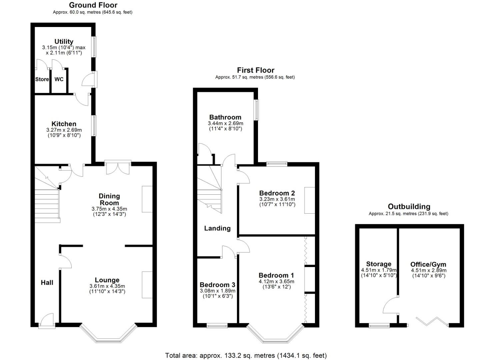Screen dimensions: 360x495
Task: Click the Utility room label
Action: (x=64, y=41)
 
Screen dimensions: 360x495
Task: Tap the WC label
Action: (x=59, y=79)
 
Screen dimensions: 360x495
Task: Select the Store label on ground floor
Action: (x=42, y=79)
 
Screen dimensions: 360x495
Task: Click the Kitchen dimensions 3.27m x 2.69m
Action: (x=64, y=130)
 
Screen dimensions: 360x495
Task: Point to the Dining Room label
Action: (x=109, y=199)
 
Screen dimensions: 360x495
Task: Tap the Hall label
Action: (x=47, y=283)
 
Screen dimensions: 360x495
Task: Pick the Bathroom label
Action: (x=225, y=117)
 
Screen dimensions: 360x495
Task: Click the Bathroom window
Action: (x=257, y=110)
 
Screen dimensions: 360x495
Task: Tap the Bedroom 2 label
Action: (x=277, y=193)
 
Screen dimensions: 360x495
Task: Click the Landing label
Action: (x=217, y=228)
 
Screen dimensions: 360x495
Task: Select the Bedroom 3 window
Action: (x=217, y=326)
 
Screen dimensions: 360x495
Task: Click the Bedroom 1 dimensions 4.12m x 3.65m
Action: (x=276, y=281)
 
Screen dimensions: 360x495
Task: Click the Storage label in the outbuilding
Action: (x=379, y=264)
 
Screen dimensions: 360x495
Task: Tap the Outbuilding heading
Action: (x=409, y=207)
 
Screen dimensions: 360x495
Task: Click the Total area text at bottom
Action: (x=246, y=355)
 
